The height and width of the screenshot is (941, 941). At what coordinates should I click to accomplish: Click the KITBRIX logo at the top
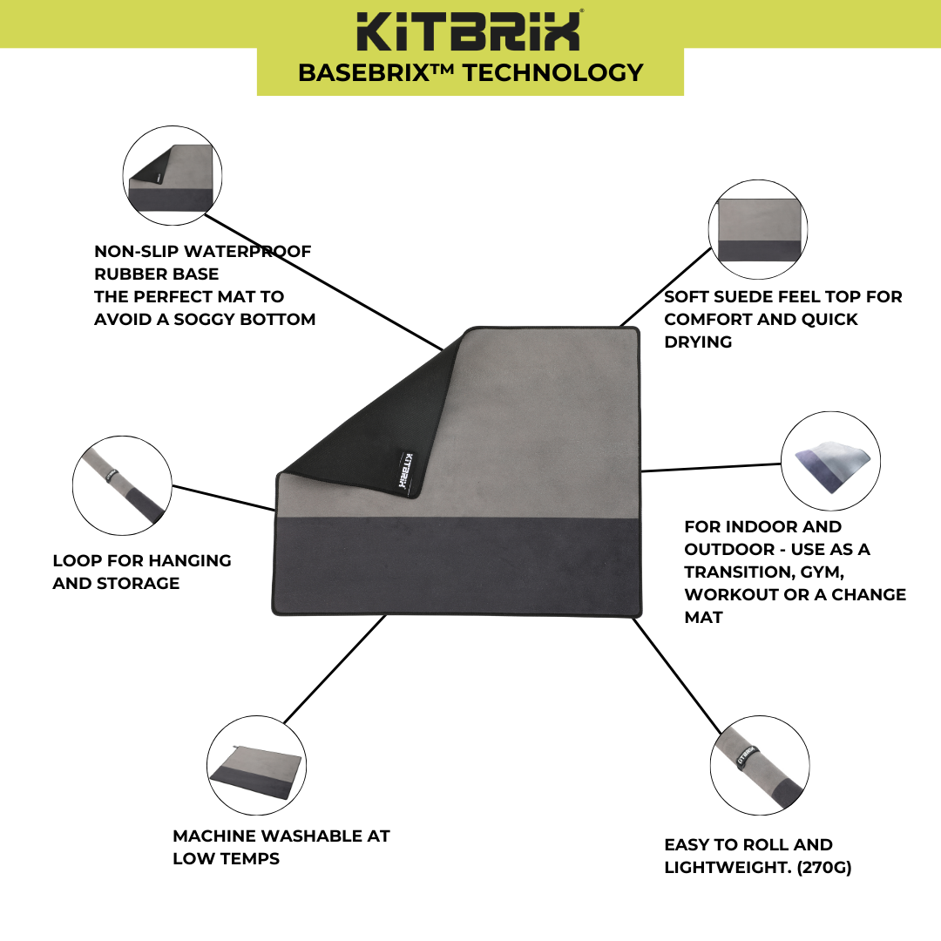[470, 30]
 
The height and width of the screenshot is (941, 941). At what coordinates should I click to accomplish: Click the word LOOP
[74, 560]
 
